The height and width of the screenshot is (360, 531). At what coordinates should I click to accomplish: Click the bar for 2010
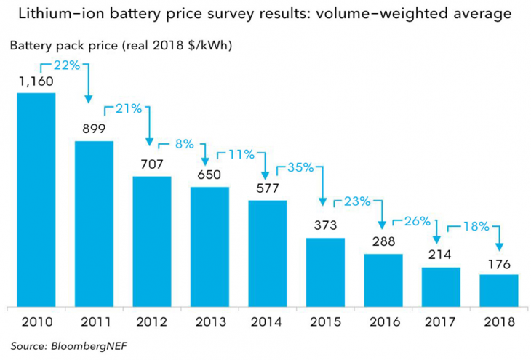[36, 200]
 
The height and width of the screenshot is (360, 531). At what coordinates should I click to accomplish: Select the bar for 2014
[268, 253]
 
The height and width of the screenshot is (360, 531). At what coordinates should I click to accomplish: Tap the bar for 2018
[499, 290]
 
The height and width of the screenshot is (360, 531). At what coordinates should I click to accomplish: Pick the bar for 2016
[383, 280]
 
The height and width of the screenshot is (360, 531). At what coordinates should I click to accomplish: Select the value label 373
[325, 225]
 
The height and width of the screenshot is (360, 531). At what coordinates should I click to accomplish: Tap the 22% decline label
[67, 65]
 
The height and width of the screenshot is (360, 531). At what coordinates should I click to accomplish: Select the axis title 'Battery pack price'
[62, 46]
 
